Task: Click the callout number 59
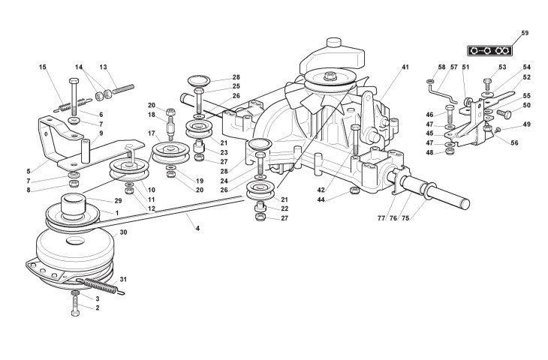point(525,33)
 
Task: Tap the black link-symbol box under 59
point(489,51)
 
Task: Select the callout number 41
point(405,67)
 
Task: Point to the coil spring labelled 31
point(102,286)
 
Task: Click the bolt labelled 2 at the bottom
point(75,308)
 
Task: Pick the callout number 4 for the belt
point(197,228)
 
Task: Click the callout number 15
point(43,67)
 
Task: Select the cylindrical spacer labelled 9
point(86,151)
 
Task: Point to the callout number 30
point(123,232)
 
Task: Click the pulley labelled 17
point(171,152)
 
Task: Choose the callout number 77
point(381,218)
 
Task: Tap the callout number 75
point(405,218)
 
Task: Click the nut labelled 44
point(354,190)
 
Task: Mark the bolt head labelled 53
point(488,83)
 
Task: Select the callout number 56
point(514,142)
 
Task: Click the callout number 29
point(118,201)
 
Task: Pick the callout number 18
point(152,115)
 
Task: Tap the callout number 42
point(321,190)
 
